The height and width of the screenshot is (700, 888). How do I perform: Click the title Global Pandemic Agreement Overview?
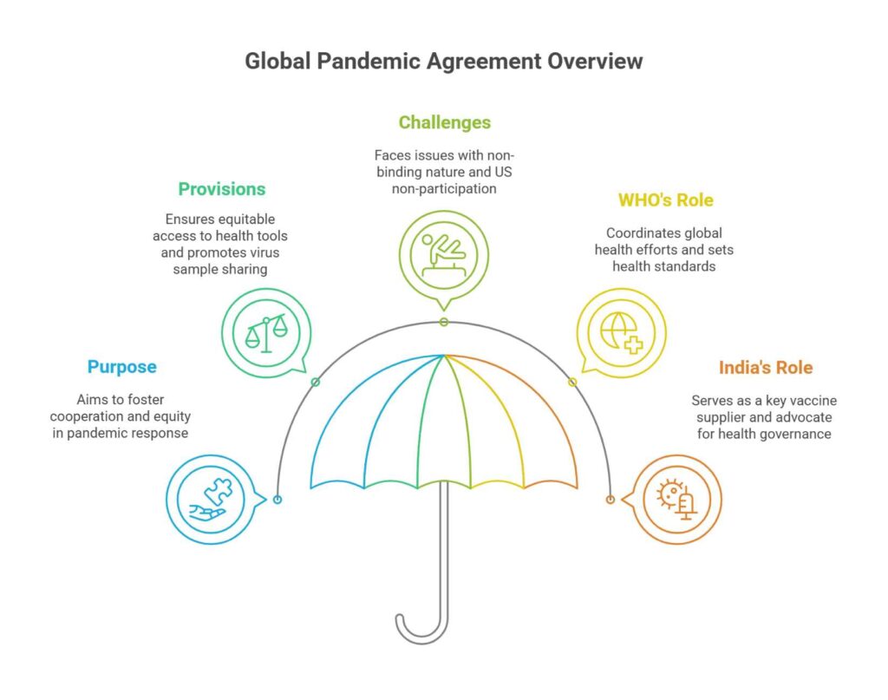[x=443, y=62]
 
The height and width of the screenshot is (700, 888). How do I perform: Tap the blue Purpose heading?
[x=122, y=367]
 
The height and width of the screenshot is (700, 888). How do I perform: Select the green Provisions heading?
[x=222, y=188]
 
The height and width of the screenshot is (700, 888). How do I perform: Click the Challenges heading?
[x=444, y=122]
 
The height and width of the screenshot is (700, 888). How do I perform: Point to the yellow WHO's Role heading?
[x=665, y=200]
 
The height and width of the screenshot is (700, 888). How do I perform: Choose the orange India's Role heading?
[x=766, y=367]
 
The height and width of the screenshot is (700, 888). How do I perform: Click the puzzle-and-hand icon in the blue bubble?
[x=210, y=500]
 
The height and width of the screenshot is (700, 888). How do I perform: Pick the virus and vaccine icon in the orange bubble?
[x=677, y=500]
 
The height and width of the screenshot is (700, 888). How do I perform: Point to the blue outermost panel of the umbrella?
[x=338, y=434]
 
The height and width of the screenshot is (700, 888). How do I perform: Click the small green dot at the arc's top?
[x=444, y=322]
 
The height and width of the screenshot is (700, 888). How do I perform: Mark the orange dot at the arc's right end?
[x=610, y=500]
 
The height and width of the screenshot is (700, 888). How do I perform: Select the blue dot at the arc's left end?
[x=277, y=500]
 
